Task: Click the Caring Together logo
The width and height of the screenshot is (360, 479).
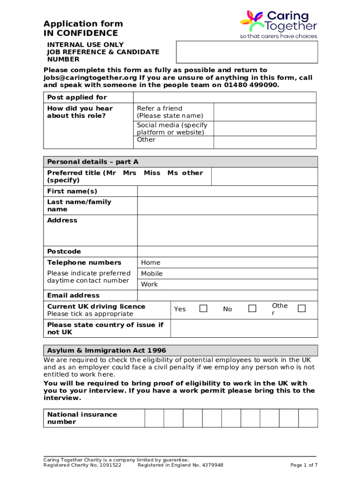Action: tap(278, 24)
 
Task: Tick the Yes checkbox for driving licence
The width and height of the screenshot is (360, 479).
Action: tap(203, 308)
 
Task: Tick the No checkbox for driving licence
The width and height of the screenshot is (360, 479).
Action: tap(252, 308)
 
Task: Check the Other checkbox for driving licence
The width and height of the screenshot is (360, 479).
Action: tap(302, 308)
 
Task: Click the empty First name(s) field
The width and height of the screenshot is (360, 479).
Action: tap(227, 191)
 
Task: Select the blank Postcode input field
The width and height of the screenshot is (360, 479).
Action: tap(227, 251)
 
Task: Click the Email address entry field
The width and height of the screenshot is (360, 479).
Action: tap(227, 295)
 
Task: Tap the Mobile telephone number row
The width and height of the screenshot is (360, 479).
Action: tap(227, 274)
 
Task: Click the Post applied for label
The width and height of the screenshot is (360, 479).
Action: tap(77, 97)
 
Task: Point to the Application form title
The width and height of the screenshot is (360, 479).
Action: tap(83, 24)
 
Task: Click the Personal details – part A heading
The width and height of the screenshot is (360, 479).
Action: tap(93, 162)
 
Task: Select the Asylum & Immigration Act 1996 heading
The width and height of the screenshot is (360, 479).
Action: tap(107, 350)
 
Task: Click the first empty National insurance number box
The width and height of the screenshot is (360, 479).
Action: tap(154, 418)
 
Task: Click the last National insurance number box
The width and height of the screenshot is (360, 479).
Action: tap(308, 418)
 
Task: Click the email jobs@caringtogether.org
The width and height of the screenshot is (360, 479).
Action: tap(90, 78)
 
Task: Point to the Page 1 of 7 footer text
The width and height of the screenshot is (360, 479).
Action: tap(303, 465)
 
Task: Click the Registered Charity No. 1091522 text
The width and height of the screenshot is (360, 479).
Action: tap(82, 465)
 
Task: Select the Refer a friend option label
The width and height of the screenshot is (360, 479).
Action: tap(159, 108)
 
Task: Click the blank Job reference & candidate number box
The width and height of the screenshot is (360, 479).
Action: tap(246, 51)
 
